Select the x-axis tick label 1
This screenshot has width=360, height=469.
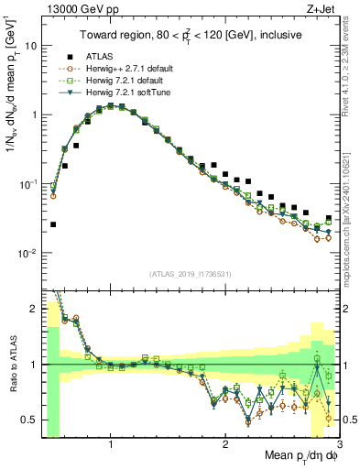point(111,444)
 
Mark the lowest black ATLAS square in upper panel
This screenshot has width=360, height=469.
point(53,224)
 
